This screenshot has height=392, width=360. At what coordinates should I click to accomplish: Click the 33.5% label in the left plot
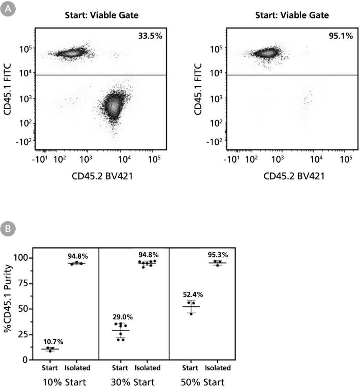tap(150, 36)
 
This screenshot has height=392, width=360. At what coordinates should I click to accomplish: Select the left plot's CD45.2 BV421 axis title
tap(102, 176)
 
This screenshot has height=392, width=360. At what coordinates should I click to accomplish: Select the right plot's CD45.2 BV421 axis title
tap(294, 176)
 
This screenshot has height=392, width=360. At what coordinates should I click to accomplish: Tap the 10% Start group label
tap(64, 382)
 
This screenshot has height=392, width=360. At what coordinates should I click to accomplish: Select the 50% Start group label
tap(205, 382)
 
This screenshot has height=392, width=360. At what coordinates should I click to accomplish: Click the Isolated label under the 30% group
tap(147, 368)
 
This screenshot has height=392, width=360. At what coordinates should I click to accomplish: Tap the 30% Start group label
tap(135, 382)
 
